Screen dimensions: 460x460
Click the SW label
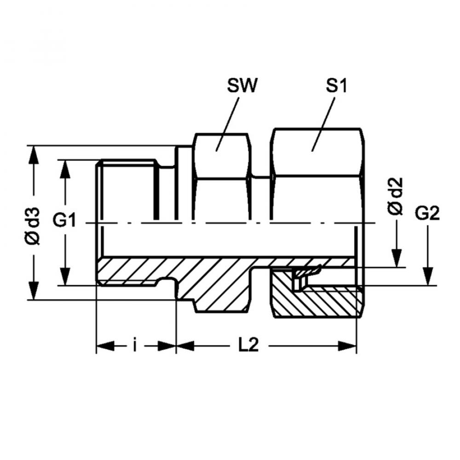242,86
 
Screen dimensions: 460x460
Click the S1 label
336,86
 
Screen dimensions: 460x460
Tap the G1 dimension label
64,220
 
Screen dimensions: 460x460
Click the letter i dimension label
135,345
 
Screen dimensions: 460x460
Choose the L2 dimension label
248,345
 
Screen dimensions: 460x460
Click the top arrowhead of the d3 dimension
34,155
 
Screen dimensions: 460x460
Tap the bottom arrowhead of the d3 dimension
34,291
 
